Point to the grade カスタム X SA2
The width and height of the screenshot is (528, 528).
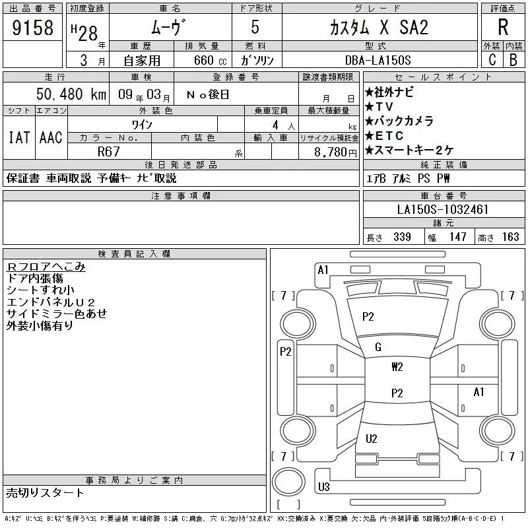379,28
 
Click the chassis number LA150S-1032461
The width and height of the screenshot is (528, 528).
443,210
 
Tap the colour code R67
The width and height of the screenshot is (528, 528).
109,152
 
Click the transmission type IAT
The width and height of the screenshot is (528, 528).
18,137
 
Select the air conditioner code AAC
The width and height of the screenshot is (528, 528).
51,137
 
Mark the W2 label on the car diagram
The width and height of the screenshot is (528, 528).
397,368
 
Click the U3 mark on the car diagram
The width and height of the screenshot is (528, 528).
323,487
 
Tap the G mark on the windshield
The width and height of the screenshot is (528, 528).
378,347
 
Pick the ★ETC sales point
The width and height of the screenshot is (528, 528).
383,136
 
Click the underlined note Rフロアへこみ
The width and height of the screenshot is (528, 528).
46,267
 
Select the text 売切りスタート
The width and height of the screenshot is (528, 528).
45,493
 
